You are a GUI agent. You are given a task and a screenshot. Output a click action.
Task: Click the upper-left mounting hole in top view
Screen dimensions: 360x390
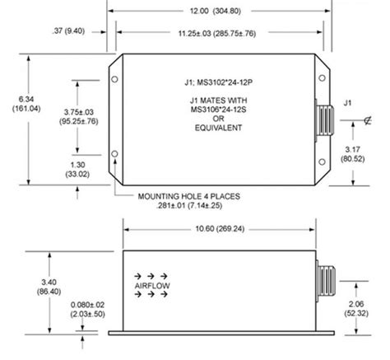[x=114, y=80]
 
